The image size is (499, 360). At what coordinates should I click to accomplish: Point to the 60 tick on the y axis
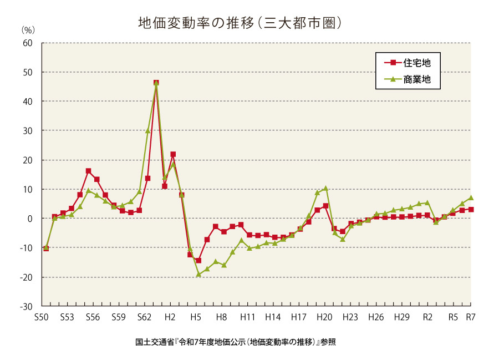tap(28, 43)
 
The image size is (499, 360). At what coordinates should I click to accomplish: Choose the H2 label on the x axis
tap(170, 317)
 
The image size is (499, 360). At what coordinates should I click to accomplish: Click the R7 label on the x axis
tap(471, 317)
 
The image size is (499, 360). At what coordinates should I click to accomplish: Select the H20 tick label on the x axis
tap(324, 317)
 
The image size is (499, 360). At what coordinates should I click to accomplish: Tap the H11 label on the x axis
tap(247, 317)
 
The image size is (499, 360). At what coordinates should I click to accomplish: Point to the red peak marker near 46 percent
tap(156, 83)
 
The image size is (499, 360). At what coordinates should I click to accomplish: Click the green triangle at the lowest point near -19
tap(198, 274)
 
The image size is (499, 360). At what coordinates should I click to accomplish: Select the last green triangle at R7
tap(471, 197)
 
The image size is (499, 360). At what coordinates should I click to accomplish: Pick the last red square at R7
tap(471, 210)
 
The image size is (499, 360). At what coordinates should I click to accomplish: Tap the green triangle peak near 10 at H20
tap(326, 189)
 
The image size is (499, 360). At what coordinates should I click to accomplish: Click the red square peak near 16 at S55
tap(88, 171)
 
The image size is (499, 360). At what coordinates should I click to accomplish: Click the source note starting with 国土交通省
tap(235, 342)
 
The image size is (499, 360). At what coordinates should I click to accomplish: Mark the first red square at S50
tap(46, 249)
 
